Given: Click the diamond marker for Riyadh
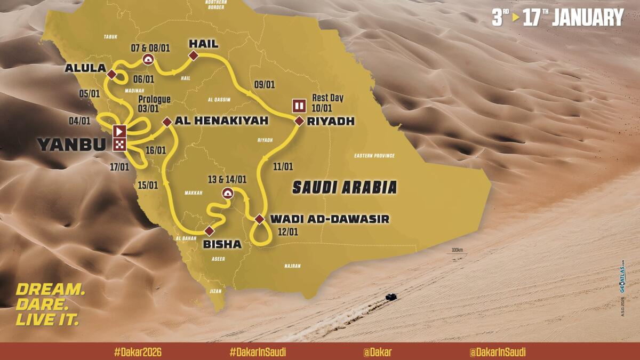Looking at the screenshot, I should tap(299, 122).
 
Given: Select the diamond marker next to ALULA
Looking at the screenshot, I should tap(112, 74).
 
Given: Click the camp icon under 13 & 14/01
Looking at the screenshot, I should tap(227, 193).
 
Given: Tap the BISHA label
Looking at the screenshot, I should tap(222, 244).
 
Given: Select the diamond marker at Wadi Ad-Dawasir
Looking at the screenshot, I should tap(259, 219).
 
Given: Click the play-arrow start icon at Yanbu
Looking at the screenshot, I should tap(119, 131).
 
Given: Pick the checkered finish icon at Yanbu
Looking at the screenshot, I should tap(119, 144).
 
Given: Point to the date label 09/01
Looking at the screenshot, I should tap(265, 84).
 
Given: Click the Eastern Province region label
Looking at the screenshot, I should tap(374, 156).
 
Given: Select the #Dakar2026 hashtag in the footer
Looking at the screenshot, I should tap(138, 352).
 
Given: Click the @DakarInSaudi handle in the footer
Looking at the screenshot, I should tap(497, 352).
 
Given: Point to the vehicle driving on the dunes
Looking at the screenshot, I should tap(391, 296).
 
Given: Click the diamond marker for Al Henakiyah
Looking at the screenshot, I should tap(167, 122).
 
